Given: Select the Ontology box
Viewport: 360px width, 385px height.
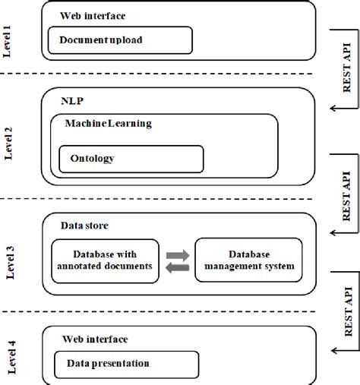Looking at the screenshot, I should point(131,159).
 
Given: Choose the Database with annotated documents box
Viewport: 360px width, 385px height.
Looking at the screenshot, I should point(105,260).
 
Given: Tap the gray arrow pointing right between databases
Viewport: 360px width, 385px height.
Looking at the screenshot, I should point(177,254).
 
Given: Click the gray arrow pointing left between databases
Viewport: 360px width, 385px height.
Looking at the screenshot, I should point(177,267).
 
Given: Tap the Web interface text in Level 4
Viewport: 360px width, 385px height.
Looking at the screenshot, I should point(95,339).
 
